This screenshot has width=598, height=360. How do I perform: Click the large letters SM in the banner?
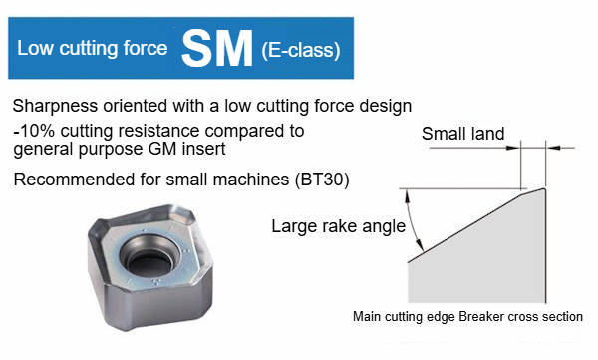click(217, 49)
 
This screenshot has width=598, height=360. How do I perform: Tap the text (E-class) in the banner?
click(301, 50)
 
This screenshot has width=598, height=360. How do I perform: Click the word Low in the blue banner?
click(35, 48)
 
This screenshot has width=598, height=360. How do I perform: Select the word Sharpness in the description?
click(55, 106)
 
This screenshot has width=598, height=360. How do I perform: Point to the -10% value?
click(34, 131)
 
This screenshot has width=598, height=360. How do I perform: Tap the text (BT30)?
click(322, 180)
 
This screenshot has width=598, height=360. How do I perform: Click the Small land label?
click(463, 134)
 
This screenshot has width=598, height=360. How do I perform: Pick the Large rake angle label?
click(338, 226)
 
